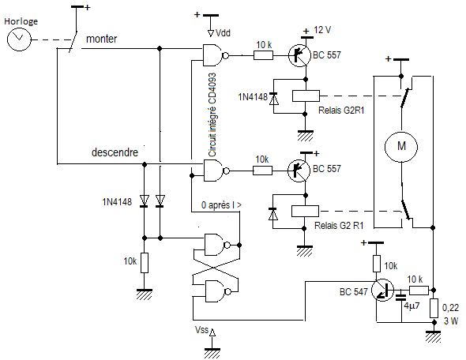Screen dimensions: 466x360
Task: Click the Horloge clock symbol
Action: pyautogui.click(x=19, y=39)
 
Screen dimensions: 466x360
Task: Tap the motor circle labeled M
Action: pyautogui.click(x=401, y=147)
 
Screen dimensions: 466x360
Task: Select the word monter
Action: pyautogui.click(x=102, y=39)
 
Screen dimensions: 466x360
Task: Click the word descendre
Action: pyautogui.click(x=115, y=152)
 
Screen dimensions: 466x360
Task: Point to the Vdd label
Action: pyautogui.click(x=223, y=32)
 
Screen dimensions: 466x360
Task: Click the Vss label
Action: pyautogui.click(x=201, y=330)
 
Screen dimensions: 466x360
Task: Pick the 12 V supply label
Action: pyautogui.click(x=322, y=30)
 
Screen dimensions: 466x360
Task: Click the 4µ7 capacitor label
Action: pyautogui.click(x=412, y=306)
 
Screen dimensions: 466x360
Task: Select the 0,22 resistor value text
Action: pyautogui.click(x=450, y=308)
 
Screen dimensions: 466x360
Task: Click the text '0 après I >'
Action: pyautogui.click(x=221, y=205)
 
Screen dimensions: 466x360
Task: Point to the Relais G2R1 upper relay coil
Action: pyautogui.click(x=306, y=96)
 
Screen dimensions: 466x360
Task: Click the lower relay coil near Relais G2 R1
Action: pyautogui.click(x=305, y=211)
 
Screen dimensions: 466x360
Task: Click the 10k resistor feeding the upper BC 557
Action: pyautogui.click(x=263, y=55)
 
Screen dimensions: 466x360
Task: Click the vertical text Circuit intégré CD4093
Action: pyautogui.click(x=212, y=114)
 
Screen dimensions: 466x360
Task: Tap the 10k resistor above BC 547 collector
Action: pyautogui.click(x=377, y=264)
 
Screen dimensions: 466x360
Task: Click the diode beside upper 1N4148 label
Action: pyautogui.click(x=273, y=99)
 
